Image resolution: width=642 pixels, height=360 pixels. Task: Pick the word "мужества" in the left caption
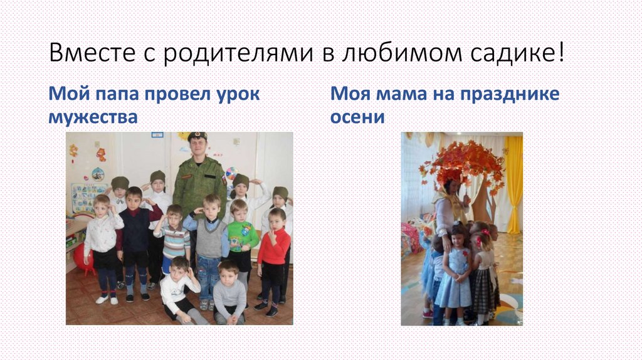point(93,116)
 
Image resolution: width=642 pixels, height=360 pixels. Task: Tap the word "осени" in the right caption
point(357,116)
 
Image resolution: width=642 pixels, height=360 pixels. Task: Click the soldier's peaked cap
point(197,135)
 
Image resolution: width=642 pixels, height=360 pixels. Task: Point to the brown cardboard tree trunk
point(484,201)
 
